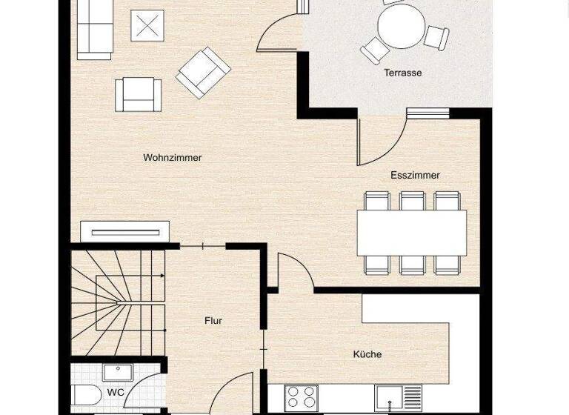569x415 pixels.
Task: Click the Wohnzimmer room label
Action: pyautogui.click(x=173, y=158)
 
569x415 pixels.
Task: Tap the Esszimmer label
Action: pyautogui.click(x=415, y=176)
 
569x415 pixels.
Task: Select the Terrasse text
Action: pyautogui.click(x=402, y=73)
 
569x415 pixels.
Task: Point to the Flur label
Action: pyautogui.click(x=213, y=321)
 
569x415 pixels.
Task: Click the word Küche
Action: pyautogui.click(x=367, y=354)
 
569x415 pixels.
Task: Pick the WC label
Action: pyautogui.click(x=116, y=392)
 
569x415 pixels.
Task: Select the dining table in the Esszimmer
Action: pyautogui.click(x=412, y=233)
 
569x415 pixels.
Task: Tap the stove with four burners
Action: pyautogui.click(x=302, y=397)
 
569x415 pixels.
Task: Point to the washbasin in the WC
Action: pyautogui.click(x=118, y=372)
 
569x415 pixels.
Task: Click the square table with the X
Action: pyautogui.click(x=147, y=25)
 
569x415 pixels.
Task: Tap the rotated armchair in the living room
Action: pyautogui.click(x=203, y=72)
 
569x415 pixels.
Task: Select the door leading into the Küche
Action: pyautogui.click(x=293, y=270)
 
